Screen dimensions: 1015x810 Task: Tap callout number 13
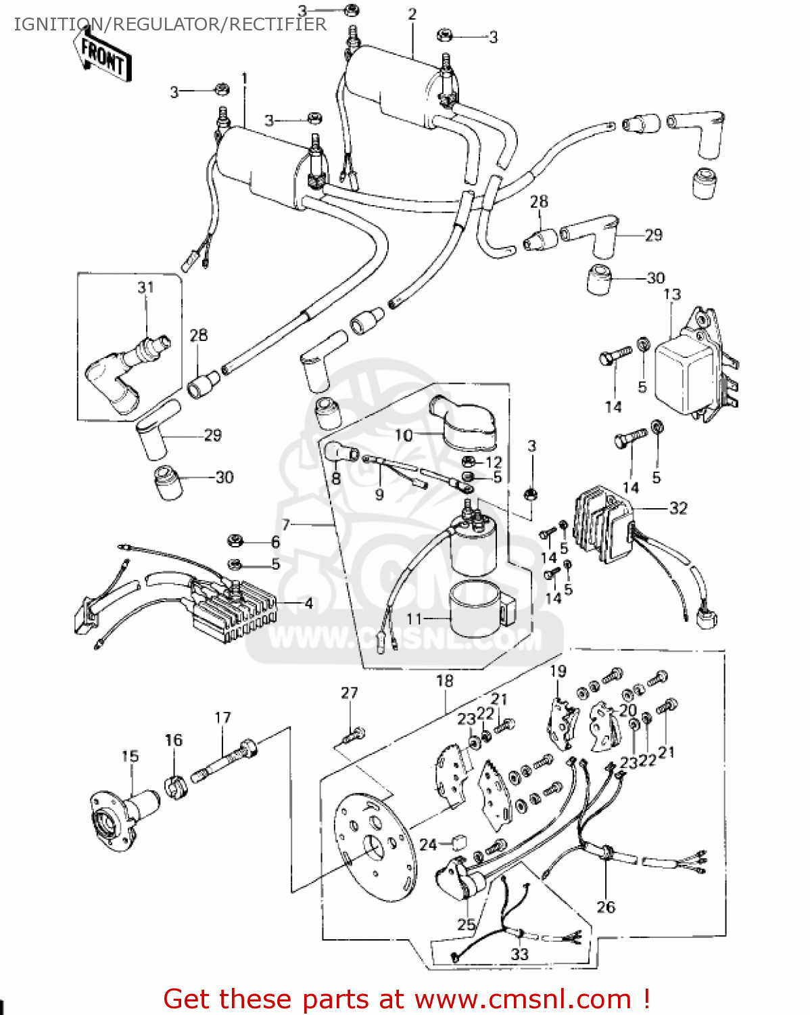pos(671,294)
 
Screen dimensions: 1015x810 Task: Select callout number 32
pos(677,507)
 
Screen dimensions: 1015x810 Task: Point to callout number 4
pos(308,603)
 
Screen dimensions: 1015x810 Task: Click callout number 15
pos(130,756)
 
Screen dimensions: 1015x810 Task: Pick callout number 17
pos(222,717)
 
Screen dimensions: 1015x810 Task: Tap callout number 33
pos(519,954)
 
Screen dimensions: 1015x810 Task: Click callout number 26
pos(605,907)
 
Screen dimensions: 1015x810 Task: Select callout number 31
pos(146,288)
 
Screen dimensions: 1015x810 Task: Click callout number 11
pos(414,618)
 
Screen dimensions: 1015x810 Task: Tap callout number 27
pos(349,693)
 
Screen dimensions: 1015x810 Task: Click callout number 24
pos(428,844)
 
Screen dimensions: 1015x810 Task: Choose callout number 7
pos(286,524)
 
